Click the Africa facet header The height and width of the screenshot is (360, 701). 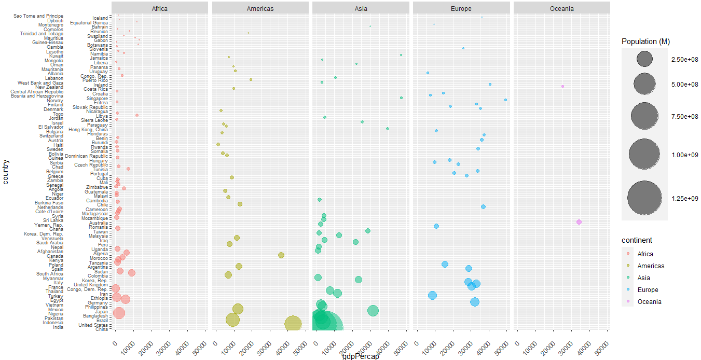click(159, 8)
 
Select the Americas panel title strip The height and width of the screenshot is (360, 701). click(260, 8)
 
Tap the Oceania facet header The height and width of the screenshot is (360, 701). click(561, 8)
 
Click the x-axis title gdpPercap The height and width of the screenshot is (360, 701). click(361, 356)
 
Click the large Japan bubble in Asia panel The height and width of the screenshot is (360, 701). click(373, 311)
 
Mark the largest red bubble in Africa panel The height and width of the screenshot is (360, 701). click(119, 313)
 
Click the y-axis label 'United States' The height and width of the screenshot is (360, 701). click(93, 325)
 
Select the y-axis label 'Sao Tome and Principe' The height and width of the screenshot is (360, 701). click(38, 16)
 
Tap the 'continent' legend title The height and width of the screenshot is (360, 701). click(637, 240)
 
